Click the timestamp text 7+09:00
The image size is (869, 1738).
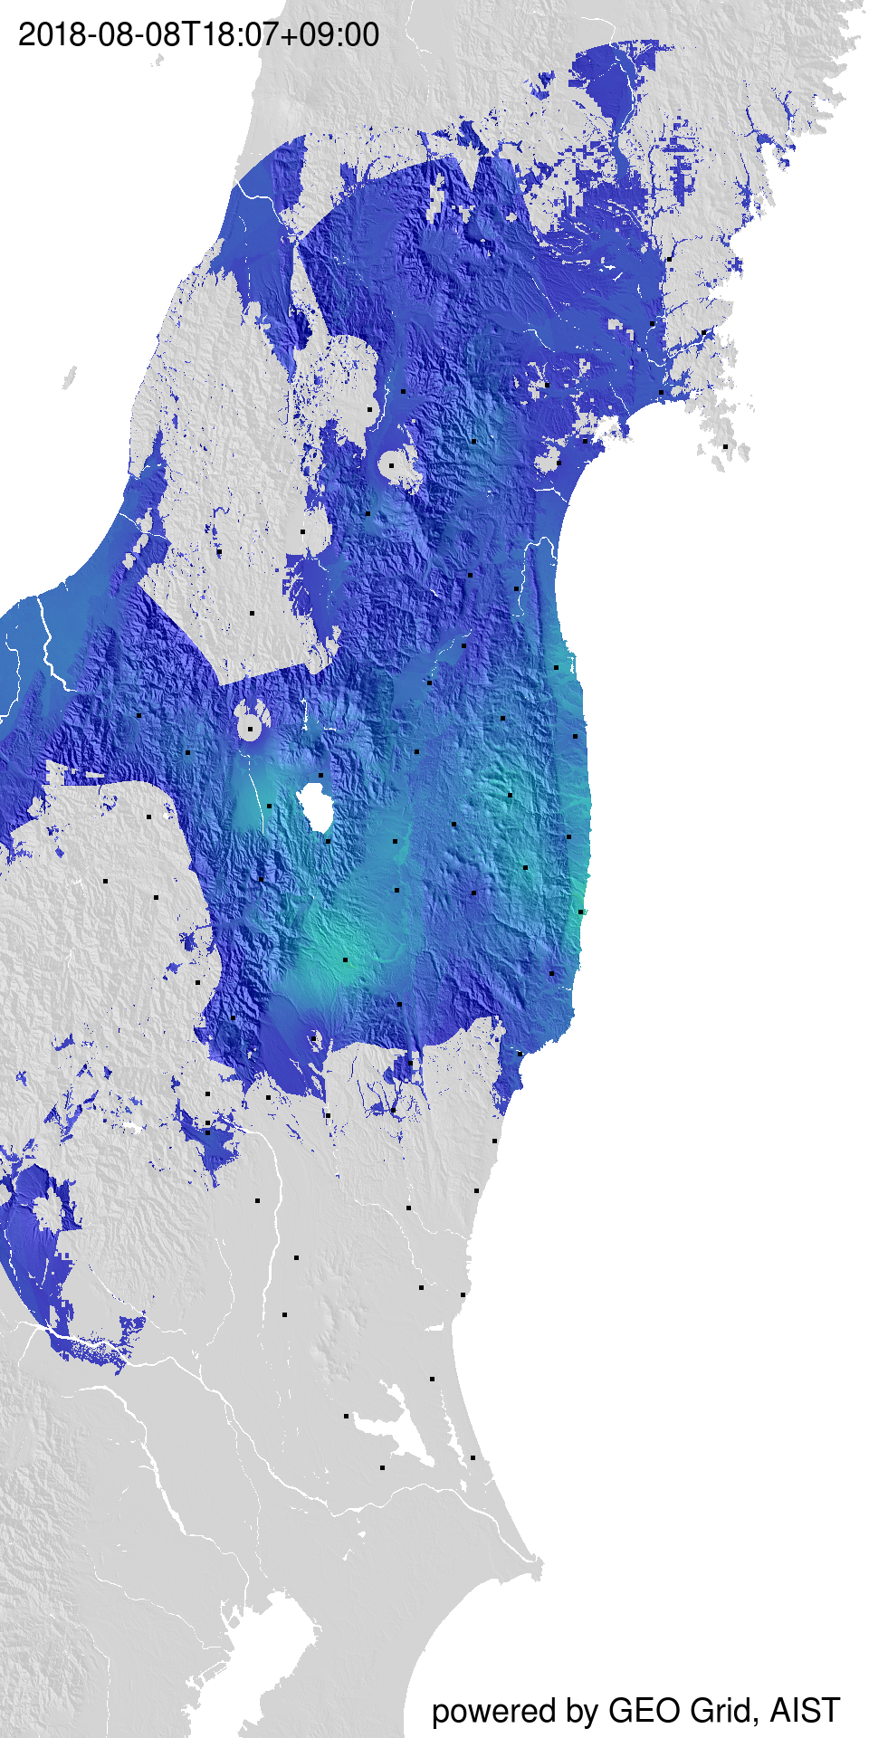pyautogui.click(x=320, y=34)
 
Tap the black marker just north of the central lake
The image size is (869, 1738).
pyautogui.click(x=320, y=776)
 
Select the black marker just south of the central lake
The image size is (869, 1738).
pyautogui.click(x=328, y=840)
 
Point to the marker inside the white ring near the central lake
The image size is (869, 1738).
pyautogui.click(x=251, y=725)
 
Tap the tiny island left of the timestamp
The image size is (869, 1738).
pyautogui.click(x=158, y=61)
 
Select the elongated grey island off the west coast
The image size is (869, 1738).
pyautogui.click(x=70, y=377)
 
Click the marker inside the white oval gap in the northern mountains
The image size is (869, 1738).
pyautogui.click(x=392, y=465)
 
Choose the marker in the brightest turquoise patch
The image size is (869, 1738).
pyautogui.click(x=345, y=960)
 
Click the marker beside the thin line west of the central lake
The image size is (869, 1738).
pyautogui.click(x=269, y=805)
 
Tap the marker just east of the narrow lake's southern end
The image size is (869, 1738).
pyautogui.click(x=474, y=1457)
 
